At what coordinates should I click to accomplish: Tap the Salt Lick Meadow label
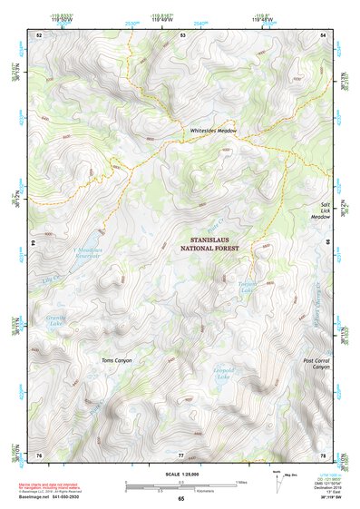coord(321,211)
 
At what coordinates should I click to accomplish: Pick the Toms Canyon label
coord(116,360)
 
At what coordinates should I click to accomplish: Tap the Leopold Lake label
coord(224,374)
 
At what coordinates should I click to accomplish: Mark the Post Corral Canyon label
coord(314,364)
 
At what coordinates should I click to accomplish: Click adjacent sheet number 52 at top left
coord(39,34)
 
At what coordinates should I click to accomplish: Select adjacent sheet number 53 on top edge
coord(181,34)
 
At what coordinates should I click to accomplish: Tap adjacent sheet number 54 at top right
coord(324,34)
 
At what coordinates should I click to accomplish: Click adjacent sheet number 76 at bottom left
coord(39,454)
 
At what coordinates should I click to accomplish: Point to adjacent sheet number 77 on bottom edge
coord(181,454)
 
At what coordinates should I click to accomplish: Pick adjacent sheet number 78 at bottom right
coord(324,454)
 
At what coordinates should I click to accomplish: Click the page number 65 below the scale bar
coord(180,498)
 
